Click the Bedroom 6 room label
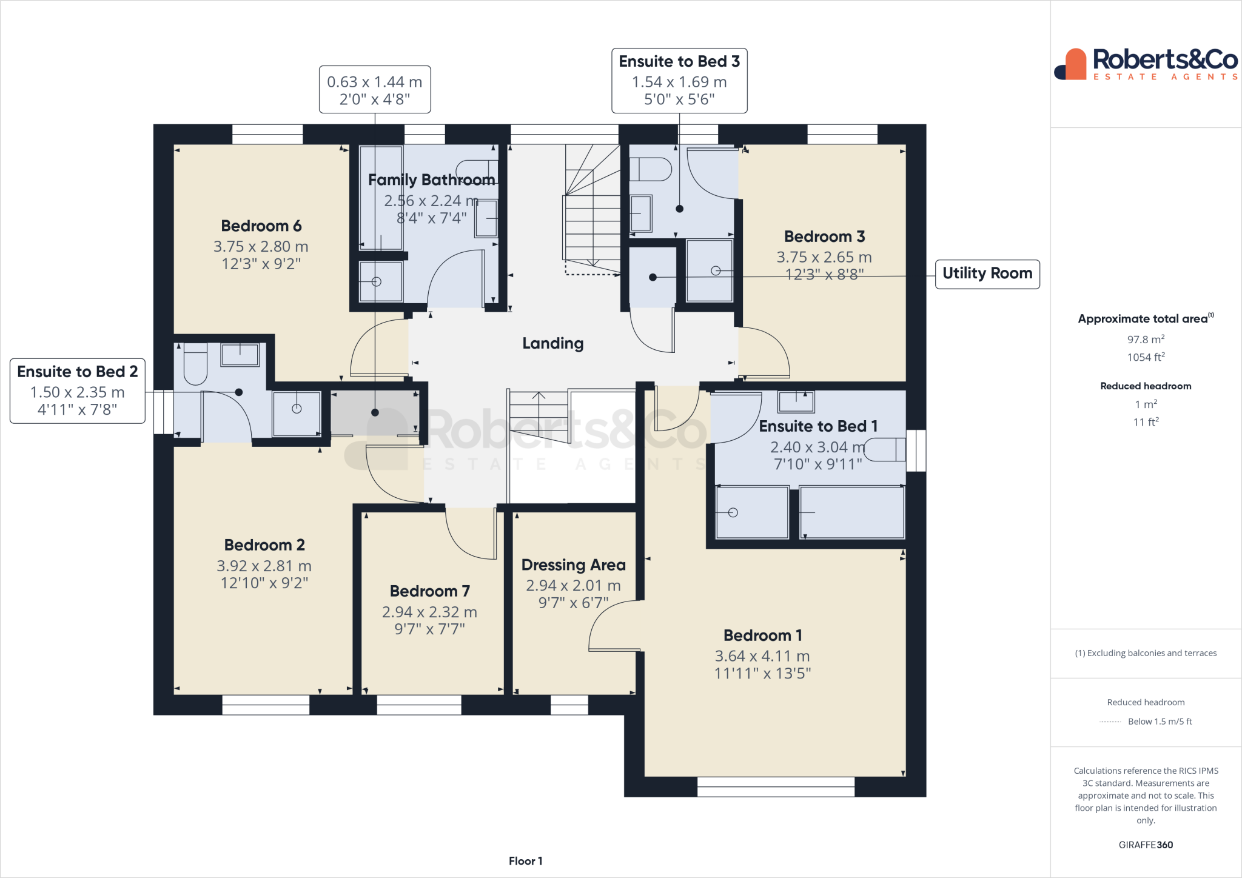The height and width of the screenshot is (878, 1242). (x=261, y=226)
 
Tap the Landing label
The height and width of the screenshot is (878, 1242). (x=552, y=343)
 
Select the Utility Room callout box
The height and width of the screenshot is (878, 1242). (x=987, y=273)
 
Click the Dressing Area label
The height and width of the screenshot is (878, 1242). (x=573, y=565)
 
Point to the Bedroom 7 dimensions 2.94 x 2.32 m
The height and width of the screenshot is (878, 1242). (x=429, y=612)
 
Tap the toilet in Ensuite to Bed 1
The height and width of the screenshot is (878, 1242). (x=885, y=450)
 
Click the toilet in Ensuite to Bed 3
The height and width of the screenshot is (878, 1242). (x=651, y=169)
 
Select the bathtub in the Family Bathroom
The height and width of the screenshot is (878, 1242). (x=381, y=197)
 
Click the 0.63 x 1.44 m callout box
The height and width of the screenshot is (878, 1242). (x=375, y=90)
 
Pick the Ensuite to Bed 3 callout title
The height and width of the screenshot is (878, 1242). (x=679, y=61)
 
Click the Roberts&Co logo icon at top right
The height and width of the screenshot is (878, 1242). (x=1070, y=64)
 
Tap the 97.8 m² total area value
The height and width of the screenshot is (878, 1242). (x=1146, y=340)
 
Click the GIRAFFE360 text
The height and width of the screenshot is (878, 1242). (x=1146, y=845)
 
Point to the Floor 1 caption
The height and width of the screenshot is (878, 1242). (x=525, y=861)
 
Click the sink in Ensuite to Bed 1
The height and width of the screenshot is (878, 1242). (x=796, y=401)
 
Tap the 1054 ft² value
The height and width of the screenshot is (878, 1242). (x=1146, y=357)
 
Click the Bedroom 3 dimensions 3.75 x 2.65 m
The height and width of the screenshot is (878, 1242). (x=824, y=257)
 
